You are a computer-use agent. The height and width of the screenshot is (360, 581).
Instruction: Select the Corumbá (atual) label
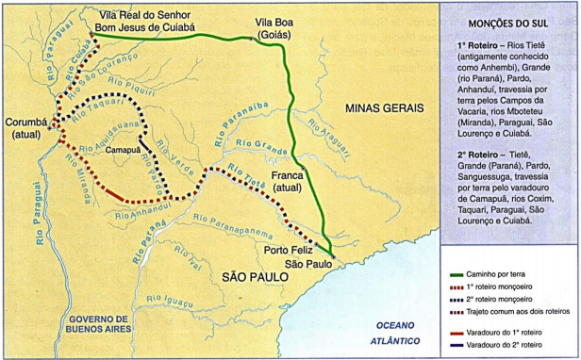pos(26,128)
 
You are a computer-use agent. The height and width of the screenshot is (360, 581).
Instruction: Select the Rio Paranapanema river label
pos(230,226)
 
